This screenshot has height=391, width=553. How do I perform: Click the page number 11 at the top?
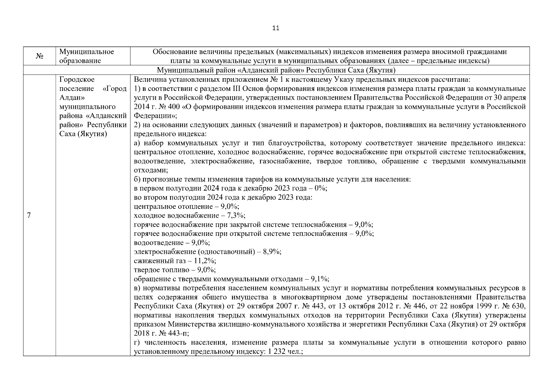pyautogui.click(x=276, y=28)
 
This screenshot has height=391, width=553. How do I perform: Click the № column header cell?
pyautogui.click(x=39, y=56)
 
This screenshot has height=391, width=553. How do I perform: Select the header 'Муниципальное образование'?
pyautogui.click(x=87, y=56)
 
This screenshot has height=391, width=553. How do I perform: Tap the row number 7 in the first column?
pyautogui.click(x=29, y=215)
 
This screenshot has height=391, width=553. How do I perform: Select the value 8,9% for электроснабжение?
pyautogui.click(x=273, y=252)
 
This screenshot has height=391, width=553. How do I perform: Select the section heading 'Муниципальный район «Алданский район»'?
pyautogui.click(x=276, y=70)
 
